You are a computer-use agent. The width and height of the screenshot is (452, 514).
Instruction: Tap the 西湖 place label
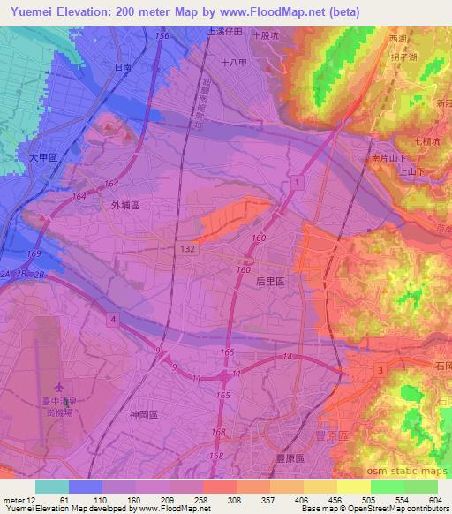[396, 39]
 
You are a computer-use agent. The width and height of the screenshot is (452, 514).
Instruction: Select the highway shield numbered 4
[113, 317]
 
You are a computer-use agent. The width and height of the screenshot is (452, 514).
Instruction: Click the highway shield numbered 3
[379, 369]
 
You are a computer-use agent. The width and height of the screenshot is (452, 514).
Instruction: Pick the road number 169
[34, 254]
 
